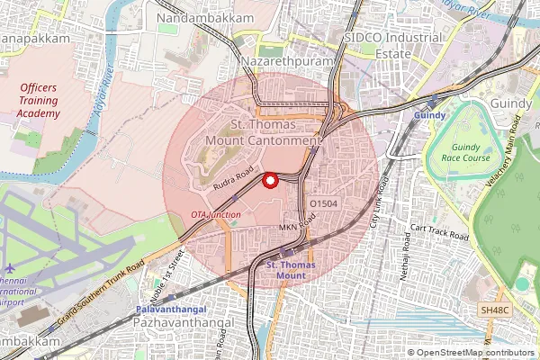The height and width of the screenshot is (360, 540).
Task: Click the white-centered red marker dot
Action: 270,181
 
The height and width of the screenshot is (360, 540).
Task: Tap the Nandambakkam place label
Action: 193,18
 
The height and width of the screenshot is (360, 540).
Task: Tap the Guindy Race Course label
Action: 463,152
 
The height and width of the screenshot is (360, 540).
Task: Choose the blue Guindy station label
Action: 429,116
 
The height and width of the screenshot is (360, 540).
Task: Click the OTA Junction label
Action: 215,215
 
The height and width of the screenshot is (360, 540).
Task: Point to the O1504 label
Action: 323,204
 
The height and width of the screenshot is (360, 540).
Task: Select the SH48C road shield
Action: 495,310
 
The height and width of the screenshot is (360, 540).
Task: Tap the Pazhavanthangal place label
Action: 186,321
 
